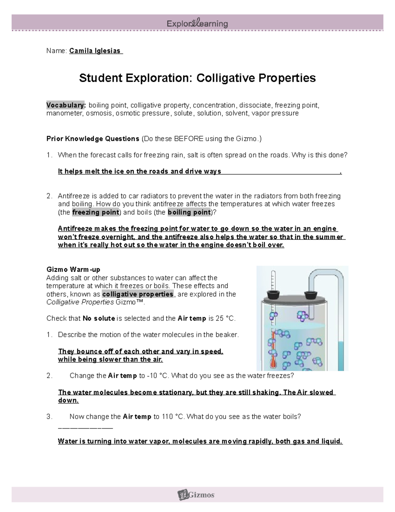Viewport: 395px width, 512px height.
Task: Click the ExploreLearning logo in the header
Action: coord(197,23)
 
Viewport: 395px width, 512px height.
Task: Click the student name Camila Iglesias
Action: coord(95,51)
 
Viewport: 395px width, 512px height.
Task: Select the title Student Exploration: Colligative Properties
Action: coord(197,78)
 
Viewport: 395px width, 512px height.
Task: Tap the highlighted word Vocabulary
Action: coord(66,105)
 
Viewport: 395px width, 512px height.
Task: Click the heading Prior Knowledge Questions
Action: coord(93,139)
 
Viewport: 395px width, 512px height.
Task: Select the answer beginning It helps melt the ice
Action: coord(139,171)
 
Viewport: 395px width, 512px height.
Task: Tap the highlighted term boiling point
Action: coord(189,212)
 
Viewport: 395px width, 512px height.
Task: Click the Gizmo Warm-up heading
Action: coord(73,270)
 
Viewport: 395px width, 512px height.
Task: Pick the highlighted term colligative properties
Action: coord(138,294)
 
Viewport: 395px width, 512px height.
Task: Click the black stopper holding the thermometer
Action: coord(273,294)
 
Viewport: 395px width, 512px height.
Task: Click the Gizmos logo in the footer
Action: coord(197,495)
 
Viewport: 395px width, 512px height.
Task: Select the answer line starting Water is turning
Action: coord(200,441)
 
